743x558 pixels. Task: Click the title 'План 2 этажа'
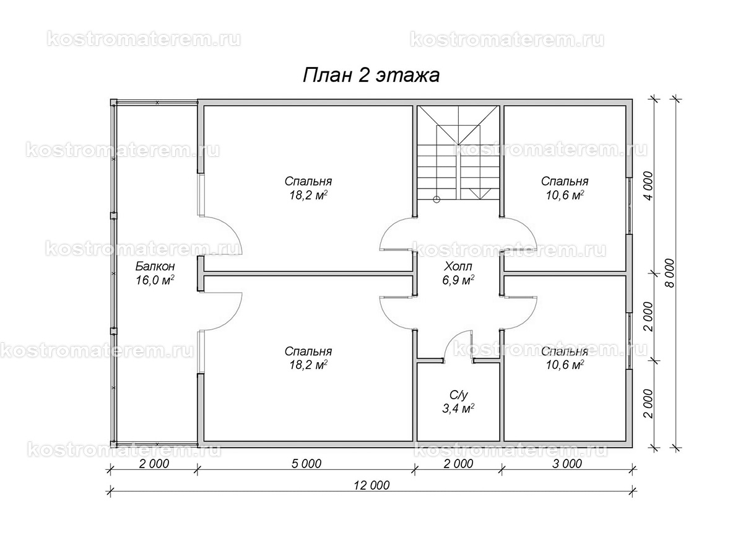(x=371, y=76)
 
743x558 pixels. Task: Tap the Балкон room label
(x=155, y=267)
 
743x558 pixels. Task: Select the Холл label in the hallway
(x=458, y=267)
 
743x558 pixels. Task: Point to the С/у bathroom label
(x=458, y=395)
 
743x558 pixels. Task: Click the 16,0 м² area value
(x=155, y=280)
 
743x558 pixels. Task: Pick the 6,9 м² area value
(x=458, y=280)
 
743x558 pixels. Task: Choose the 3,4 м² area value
(x=458, y=409)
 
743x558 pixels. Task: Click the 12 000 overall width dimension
(x=371, y=485)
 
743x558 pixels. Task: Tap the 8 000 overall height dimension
(x=669, y=273)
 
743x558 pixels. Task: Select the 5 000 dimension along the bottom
(x=306, y=464)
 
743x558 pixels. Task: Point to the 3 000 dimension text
(x=567, y=464)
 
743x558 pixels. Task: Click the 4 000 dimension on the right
(x=648, y=186)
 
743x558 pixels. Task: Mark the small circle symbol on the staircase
(x=437, y=200)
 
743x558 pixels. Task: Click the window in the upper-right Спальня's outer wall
(x=629, y=206)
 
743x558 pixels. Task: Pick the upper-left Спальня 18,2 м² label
(x=308, y=188)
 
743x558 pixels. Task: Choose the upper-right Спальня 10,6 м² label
(x=565, y=188)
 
